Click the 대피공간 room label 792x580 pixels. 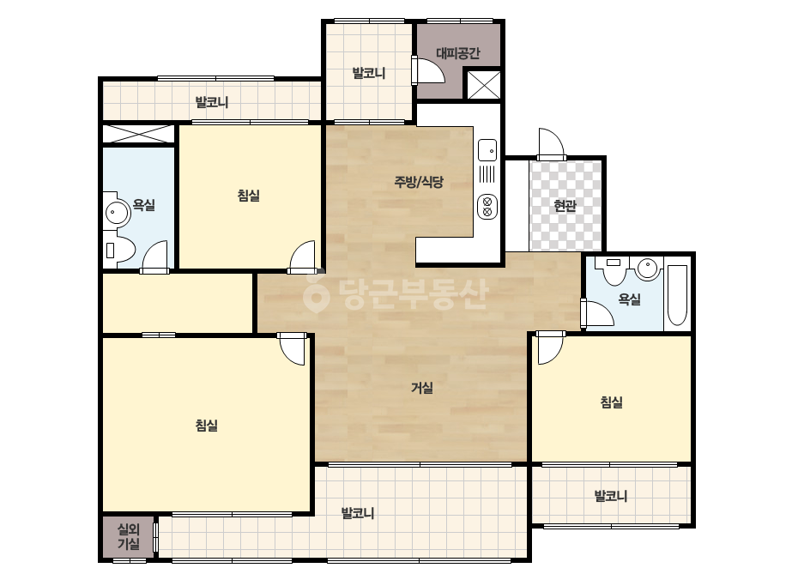click(x=457, y=53)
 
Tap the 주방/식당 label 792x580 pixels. click(x=419, y=181)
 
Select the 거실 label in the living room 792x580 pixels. click(x=422, y=388)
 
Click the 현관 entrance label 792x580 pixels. click(x=565, y=206)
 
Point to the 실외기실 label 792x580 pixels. click(x=129, y=536)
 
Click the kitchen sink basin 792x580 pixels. click(x=487, y=150)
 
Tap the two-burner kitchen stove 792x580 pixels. click(x=487, y=207)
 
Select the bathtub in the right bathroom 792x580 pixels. click(x=677, y=295)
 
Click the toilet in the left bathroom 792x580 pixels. click(x=119, y=250)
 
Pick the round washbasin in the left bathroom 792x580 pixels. click(x=118, y=212)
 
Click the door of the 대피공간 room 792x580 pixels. click(x=428, y=69)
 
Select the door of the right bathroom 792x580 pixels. click(x=597, y=312)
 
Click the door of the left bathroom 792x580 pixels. click(x=155, y=257)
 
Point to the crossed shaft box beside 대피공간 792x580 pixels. click(x=483, y=85)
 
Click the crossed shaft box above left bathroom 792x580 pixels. click(x=138, y=134)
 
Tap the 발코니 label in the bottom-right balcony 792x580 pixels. click(x=611, y=496)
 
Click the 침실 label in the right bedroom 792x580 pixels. click(x=611, y=402)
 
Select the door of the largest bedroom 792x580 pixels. click(x=293, y=348)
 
